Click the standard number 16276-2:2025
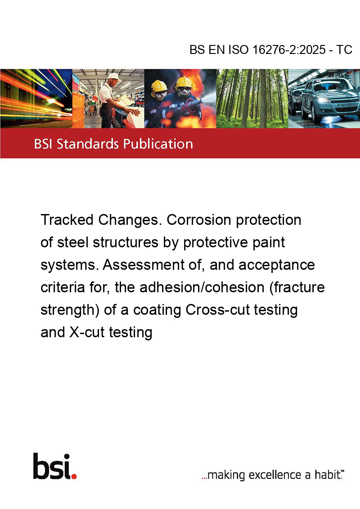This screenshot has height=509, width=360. click(289, 49)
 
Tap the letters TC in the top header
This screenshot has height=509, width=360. click(344, 49)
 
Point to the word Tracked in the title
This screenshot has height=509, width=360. click(67, 220)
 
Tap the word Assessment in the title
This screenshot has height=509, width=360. click(144, 265)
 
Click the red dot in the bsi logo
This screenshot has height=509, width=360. click(74, 476)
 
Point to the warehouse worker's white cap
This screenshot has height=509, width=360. click(114, 76)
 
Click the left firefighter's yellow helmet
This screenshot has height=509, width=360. click(159, 85)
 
